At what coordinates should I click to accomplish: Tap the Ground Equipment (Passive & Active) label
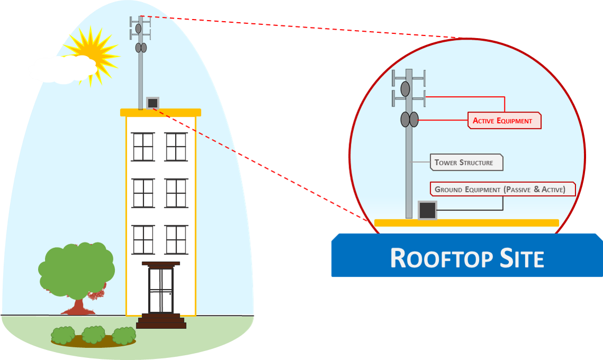[x=502, y=189]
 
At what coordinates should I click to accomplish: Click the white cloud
[x=62, y=69]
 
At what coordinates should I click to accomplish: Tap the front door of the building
[x=160, y=291]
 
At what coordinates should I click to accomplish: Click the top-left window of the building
[x=143, y=146]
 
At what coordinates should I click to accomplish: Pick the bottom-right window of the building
[x=176, y=239]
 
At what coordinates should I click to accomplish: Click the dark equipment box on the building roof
[x=152, y=103]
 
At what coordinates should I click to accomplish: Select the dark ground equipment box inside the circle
[x=427, y=210]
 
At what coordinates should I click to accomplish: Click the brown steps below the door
[x=161, y=321]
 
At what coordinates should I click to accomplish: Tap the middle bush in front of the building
[x=94, y=335]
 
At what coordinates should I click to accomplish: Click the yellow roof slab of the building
[x=161, y=112]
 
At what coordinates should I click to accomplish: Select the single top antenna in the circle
[x=405, y=89]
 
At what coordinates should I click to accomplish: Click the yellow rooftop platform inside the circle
[x=466, y=223]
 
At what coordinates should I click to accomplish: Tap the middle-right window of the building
[x=176, y=193]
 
